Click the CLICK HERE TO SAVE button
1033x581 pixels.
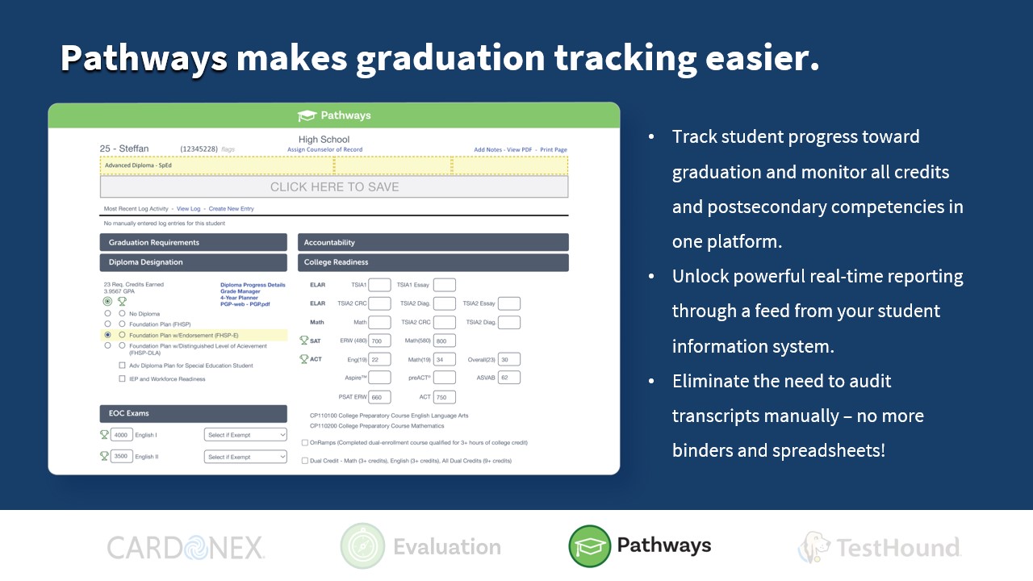click(334, 186)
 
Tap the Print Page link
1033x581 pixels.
click(554, 150)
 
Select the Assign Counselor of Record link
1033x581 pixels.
click(324, 150)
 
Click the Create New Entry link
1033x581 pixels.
click(231, 209)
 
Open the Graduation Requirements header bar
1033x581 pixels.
click(193, 242)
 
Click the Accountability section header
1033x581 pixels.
click(433, 242)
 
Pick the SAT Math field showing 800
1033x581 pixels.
click(445, 341)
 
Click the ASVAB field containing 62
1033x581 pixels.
click(509, 378)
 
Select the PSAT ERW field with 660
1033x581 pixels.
click(379, 397)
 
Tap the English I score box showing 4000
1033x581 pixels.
click(121, 435)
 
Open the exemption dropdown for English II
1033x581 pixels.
click(245, 457)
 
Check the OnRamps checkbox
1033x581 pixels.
click(304, 443)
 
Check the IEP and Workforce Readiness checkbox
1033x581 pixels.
click(123, 378)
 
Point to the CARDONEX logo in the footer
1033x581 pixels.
click(186, 548)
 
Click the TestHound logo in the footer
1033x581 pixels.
click(879, 547)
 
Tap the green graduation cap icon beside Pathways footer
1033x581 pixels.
click(590, 546)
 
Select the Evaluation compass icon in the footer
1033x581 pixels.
click(362, 546)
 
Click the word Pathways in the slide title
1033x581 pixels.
click(143, 58)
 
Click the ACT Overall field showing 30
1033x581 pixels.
click(509, 360)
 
